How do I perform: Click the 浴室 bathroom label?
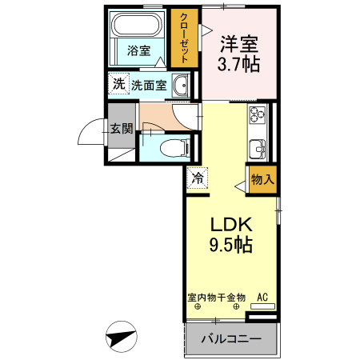pos(138,50)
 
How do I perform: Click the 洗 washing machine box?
pos(118,82)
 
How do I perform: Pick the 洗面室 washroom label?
pos(150,85)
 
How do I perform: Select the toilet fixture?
pos(175,147)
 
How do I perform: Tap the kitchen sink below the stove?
pos(258,149)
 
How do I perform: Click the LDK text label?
pos(231,225)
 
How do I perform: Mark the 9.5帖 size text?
pos(231,245)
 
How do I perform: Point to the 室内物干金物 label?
pos(216,298)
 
